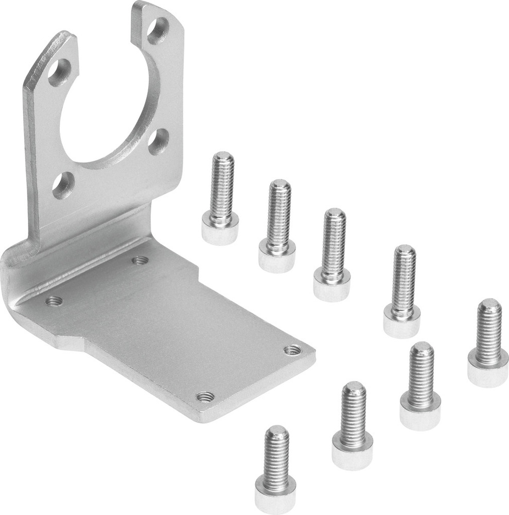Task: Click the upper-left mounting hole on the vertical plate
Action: click(60, 73)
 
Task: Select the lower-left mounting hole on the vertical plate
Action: click(63, 185)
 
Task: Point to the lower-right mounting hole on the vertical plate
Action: click(159, 141)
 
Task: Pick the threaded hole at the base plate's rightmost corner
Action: click(293, 350)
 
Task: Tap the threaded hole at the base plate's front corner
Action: click(205, 397)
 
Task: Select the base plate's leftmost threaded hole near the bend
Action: click(54, 301)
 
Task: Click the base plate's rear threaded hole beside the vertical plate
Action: click(139, 260)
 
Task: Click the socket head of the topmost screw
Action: click(220, 229)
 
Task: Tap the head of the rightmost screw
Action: click(488, 371)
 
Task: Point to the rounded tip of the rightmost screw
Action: click(489, 306)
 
